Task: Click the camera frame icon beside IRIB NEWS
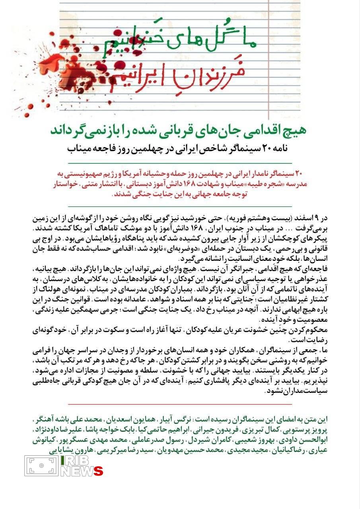point(41,466)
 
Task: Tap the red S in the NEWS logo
point(98,472)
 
